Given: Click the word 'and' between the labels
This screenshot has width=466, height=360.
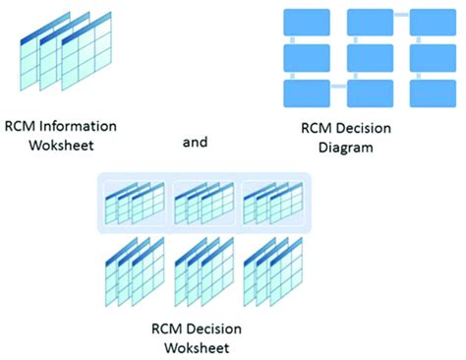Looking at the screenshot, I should tap(196, 142).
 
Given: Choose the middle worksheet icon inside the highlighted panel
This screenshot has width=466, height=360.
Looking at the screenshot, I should tap(204, 203).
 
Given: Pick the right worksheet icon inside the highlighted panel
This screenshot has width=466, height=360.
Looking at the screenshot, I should tap(272, 203).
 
